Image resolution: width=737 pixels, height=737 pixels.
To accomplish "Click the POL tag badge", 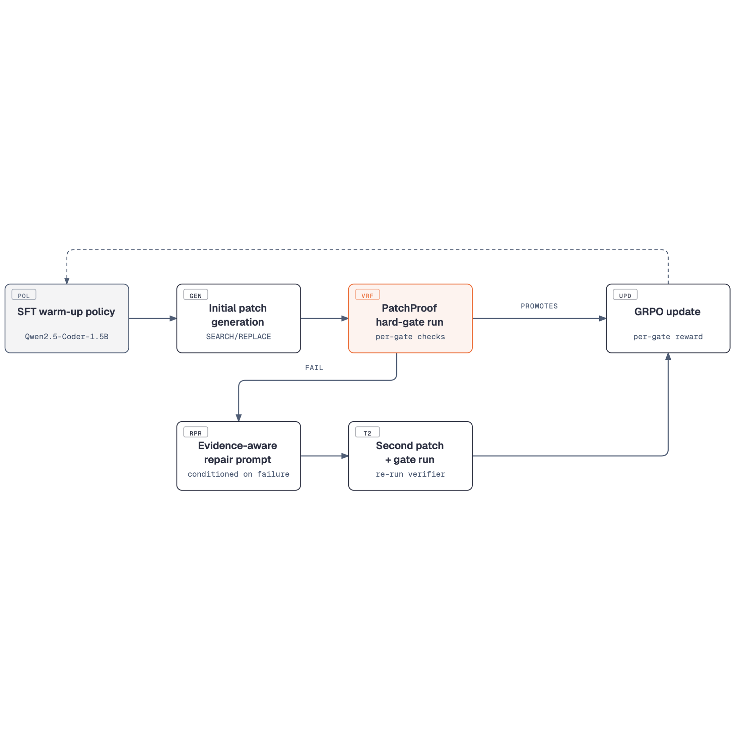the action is (x=24, y=294).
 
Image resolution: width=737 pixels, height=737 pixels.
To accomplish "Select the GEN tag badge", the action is (x=196, y=294).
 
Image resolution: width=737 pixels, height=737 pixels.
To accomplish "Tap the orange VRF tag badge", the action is (x=367, y=294).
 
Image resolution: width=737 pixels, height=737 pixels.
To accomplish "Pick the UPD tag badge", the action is (x=625, y=294).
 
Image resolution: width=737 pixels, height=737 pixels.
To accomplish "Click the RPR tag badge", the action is (x=196, y=432).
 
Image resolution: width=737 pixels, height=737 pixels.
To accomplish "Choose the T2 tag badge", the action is (x=367, y=432).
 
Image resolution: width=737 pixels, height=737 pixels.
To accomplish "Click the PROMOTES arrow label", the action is (x=539, y=306).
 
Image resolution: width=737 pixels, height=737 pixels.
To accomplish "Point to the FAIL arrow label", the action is (x=314, y=368).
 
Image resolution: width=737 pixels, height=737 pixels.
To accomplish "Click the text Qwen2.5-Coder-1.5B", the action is (x=67, y=336).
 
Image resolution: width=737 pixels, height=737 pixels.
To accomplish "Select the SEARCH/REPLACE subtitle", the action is (x=239, y=336).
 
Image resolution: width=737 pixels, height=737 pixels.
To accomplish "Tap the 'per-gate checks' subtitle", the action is (x=410, y=337).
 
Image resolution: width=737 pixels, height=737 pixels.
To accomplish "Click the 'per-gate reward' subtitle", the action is (x=668, y=337).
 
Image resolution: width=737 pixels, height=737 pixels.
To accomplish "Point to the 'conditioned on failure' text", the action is (x=239, y=474).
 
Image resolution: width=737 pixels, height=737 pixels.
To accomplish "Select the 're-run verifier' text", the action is (x=410, y=474).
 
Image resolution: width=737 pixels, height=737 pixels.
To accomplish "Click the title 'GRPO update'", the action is (x=668, y=312).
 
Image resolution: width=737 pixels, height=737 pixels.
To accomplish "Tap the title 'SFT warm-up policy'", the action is (x=66, y=312).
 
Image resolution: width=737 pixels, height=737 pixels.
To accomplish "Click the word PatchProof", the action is (x=409, y=308).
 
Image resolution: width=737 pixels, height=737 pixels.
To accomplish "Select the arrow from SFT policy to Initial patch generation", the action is (x=152, y=319).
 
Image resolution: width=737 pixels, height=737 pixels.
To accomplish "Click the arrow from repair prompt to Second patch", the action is (x=325, y=456).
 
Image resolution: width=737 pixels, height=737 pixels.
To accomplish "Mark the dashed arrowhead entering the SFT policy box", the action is (x=67, y=281).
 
